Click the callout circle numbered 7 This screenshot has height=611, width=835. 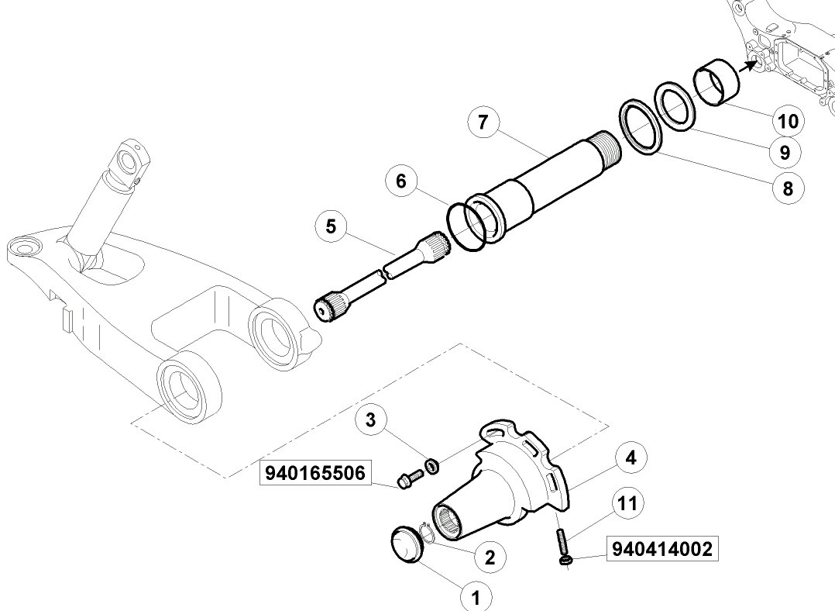point(483,122)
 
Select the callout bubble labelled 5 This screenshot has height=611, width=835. point(332,226)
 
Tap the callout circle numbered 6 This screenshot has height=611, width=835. point(401,181)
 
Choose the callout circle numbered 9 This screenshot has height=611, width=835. point(785,153)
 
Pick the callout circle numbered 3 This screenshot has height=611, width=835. point(370,419)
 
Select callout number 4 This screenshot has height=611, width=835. point(631,457)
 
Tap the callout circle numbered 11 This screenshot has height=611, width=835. point(628,502)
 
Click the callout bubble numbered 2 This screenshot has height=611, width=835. point(490,557)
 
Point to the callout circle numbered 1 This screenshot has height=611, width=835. point(476,596)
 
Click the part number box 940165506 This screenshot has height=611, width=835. point(314,473)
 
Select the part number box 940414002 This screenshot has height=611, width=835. point(662,549)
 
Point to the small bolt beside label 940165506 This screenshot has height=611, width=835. point(410,478)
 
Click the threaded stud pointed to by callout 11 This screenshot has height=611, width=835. point(562,542)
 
